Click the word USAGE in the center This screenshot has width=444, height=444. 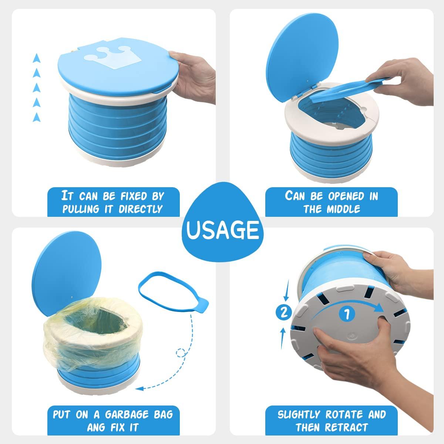point(222,230)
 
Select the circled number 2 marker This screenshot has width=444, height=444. point(284,313)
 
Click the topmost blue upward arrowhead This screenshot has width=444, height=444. point(36,58)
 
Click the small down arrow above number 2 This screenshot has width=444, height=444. point(286,295)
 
